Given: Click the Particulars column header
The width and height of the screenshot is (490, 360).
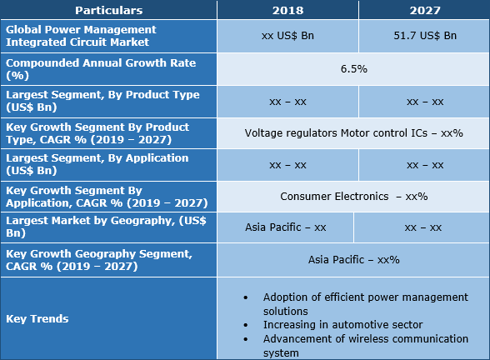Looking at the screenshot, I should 108,11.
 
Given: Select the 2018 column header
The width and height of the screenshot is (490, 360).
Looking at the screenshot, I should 287,11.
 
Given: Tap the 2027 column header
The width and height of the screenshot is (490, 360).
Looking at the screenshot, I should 424,11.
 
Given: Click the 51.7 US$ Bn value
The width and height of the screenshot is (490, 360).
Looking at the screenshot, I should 424,36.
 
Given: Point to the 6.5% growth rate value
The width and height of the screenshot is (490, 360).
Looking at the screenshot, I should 353,68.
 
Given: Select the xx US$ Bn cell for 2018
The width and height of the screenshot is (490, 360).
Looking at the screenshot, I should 287,36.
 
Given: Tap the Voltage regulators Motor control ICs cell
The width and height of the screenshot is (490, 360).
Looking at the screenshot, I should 353,132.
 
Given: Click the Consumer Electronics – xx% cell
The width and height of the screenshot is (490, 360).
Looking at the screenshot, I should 353,197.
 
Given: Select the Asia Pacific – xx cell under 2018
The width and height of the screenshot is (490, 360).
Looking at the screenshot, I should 285,227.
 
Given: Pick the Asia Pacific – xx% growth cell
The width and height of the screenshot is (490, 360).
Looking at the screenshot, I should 353,259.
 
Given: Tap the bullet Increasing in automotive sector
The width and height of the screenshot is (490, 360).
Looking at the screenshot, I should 343,324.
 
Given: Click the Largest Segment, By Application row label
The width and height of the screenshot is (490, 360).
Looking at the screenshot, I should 97,164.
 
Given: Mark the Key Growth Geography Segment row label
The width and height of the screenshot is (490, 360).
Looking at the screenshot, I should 98,259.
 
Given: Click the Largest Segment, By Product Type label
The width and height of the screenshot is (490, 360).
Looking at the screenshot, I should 102,101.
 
